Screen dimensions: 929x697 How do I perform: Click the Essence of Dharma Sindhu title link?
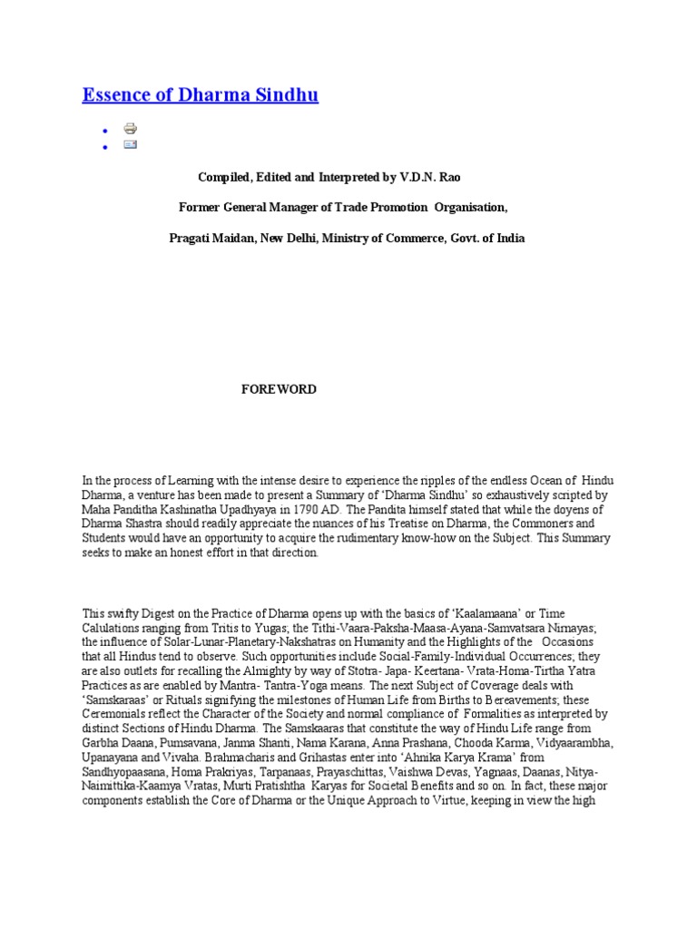201,95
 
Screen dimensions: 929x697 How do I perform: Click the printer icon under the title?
130,128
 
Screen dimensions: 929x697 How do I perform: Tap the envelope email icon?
130,144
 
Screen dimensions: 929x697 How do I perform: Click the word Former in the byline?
200,208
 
